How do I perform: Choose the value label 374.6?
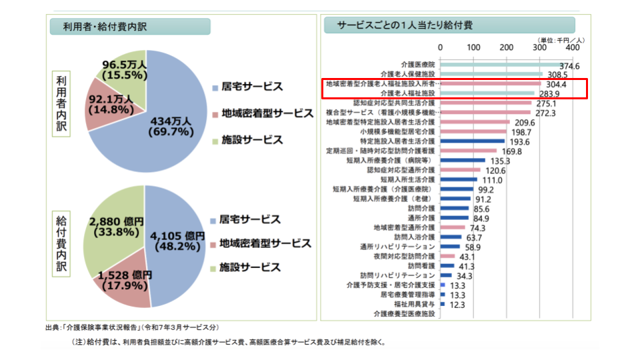pyautogui.click(x=570, y=66)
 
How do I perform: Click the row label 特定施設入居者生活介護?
pyautogui.click(x=398, y=141)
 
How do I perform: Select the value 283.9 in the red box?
pyautogui.click(x=549, y=94)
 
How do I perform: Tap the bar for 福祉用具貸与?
pyautogui.click(x=442, y=304)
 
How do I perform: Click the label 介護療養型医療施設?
pyautogui.click(x=404, y=313)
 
